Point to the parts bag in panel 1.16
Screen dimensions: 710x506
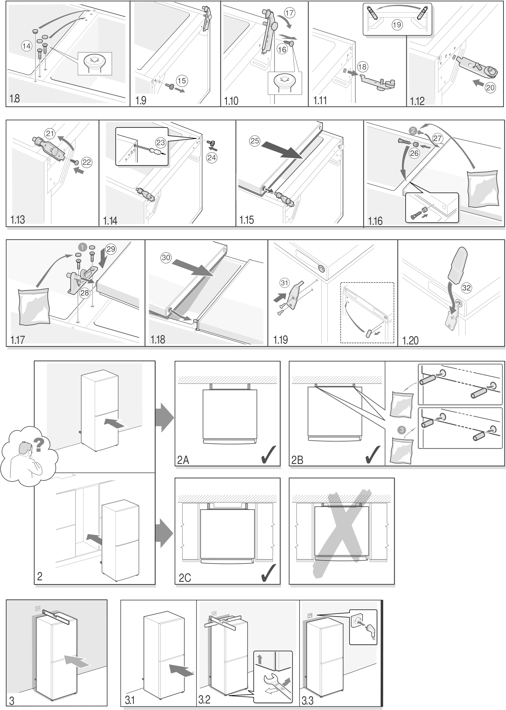[x=483, y=188]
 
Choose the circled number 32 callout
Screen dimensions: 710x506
[x=466, y=287]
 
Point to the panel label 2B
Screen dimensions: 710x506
[x=297, y=461]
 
